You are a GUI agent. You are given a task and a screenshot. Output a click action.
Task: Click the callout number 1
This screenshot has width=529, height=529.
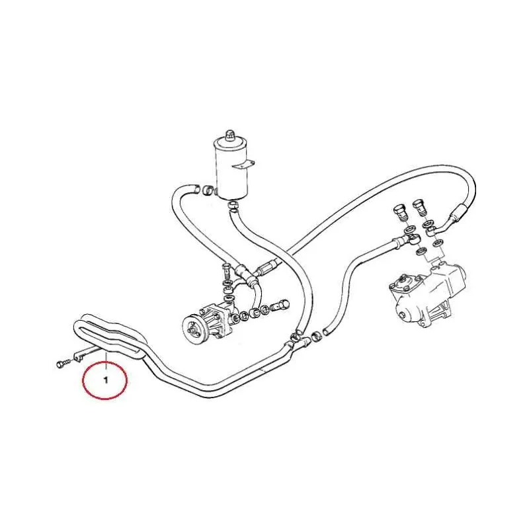coord(106,380)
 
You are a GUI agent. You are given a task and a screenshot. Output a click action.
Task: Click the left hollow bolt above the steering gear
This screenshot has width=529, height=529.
coord(400,212)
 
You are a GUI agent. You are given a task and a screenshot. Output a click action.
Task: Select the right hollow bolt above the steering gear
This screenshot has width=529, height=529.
coord(419,206)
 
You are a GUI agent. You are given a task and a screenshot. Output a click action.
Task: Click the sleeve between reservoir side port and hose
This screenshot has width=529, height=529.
coord(208,190)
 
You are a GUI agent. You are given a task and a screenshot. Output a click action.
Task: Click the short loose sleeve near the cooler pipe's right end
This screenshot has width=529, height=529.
coord(317,336)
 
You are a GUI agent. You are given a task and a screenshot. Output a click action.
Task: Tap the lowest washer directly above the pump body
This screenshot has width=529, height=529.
coord(228,299)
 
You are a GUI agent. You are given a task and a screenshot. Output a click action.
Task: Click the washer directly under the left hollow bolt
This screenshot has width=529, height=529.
coord(409,231)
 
